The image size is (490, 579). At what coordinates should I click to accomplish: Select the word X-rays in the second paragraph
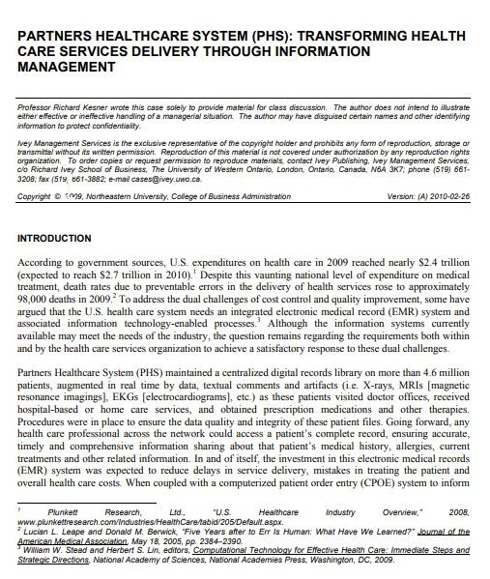click(383, 382)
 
